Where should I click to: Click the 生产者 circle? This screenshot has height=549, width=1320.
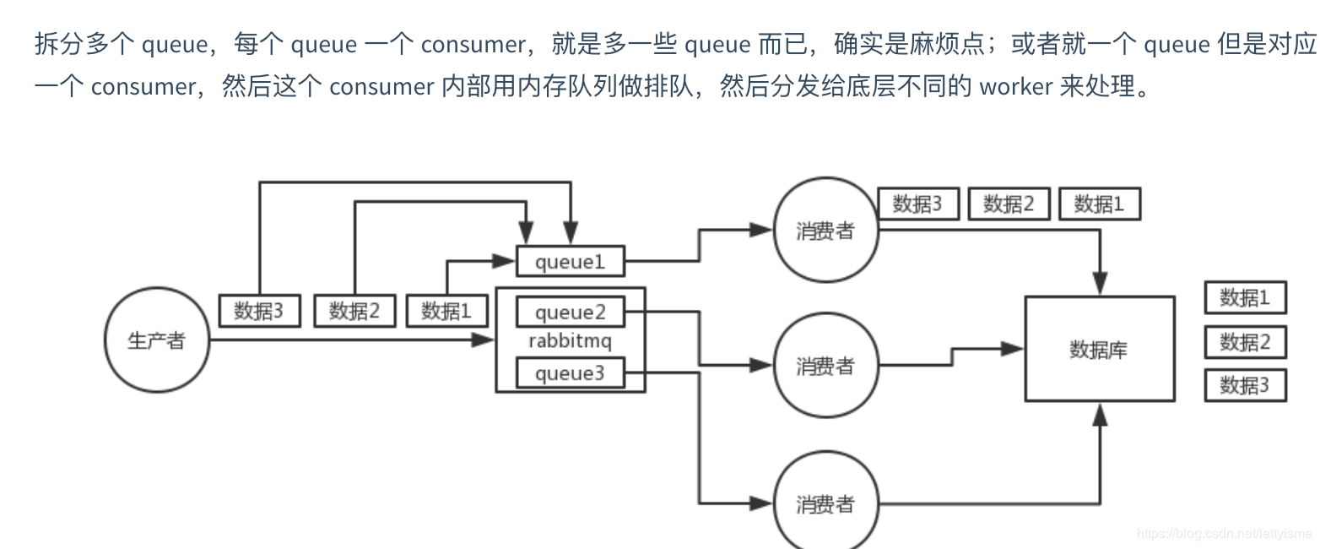click(x=156, y=341)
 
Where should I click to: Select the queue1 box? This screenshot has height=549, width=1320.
click(x=571, y=262)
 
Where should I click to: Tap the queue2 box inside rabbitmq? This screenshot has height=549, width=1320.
click(x=571, y=313)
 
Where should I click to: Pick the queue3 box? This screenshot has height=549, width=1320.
click(x=571, y=373)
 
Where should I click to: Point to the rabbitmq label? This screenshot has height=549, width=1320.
click(x=570, y=342)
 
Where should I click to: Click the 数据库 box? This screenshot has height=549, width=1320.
click(x=1099, y=349)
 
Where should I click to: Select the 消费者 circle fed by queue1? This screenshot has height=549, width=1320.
click(x=825, y=231)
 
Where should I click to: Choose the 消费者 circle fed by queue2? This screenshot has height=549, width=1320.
click(x=825, y=366)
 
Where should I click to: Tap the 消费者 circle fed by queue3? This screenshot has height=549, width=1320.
click(x=825, y=504)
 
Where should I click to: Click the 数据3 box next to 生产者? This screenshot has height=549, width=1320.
click(x=259, y=311)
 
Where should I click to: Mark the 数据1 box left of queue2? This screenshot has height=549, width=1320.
click(x=446, y=311)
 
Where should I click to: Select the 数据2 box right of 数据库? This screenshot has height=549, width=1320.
click(x=1245, y=342)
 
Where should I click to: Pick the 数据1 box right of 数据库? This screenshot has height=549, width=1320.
click(x=1245, y=298)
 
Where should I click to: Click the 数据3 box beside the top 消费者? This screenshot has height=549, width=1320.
click(x=917, y=204)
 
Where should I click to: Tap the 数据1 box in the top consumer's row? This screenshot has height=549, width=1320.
click(x=1099, y=204)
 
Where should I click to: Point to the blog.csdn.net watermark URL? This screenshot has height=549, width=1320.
click(x=1224, y=534)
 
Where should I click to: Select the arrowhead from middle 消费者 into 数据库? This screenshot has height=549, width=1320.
click(x=1013, y=349)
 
